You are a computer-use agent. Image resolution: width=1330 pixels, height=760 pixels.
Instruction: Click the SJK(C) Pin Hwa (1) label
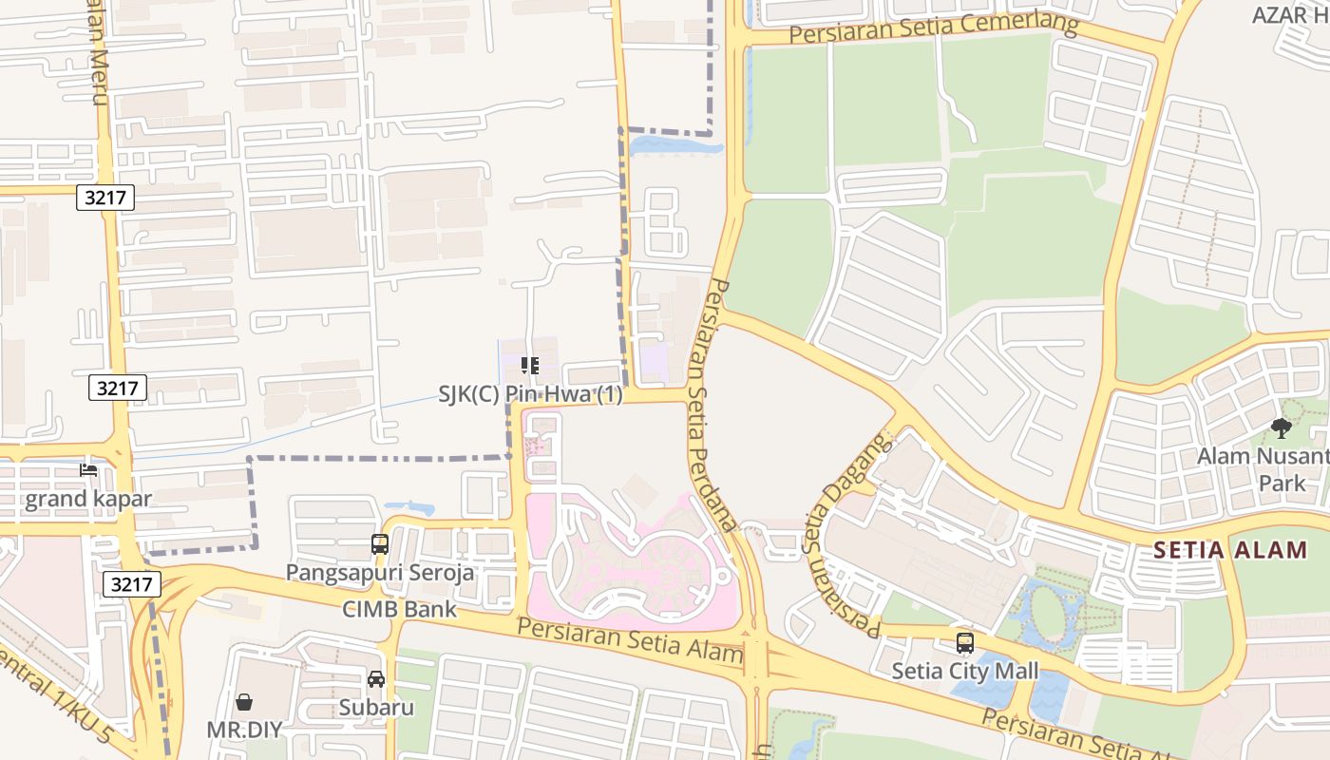(x=530, y=394)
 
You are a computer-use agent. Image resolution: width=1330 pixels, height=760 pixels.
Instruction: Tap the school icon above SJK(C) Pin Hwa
(x=530, y=366)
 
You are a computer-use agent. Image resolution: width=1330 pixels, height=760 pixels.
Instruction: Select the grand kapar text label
(x=87, y=499)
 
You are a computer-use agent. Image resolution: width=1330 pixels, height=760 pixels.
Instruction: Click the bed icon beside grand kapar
(x=88, y=470)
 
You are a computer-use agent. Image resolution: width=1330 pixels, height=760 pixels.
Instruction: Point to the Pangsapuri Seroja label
(x=380, y=573)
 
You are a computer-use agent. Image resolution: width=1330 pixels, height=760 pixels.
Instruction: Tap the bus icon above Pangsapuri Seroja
(x=380, y=544)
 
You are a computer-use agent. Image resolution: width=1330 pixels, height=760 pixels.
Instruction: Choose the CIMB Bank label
(x=400, y=609)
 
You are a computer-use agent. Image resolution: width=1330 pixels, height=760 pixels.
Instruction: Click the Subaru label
(x=376, y=708)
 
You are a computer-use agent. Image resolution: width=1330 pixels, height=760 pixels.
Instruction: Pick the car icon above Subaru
(x=376, y=679)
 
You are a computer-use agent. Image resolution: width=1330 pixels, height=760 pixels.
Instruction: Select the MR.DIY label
(x=244, y=730)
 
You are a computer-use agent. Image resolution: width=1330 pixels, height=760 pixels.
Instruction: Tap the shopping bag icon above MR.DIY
(x=244, y=702)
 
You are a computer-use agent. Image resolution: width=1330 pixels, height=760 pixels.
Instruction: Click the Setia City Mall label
(x=964, y=672)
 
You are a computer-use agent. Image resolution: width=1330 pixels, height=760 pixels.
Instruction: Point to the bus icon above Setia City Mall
(x=964, y=643)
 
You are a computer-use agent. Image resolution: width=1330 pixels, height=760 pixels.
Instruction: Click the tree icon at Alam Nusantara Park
(x=1281, y=428)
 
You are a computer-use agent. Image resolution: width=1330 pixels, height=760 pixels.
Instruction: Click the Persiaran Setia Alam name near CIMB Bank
(x=630, y=640)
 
